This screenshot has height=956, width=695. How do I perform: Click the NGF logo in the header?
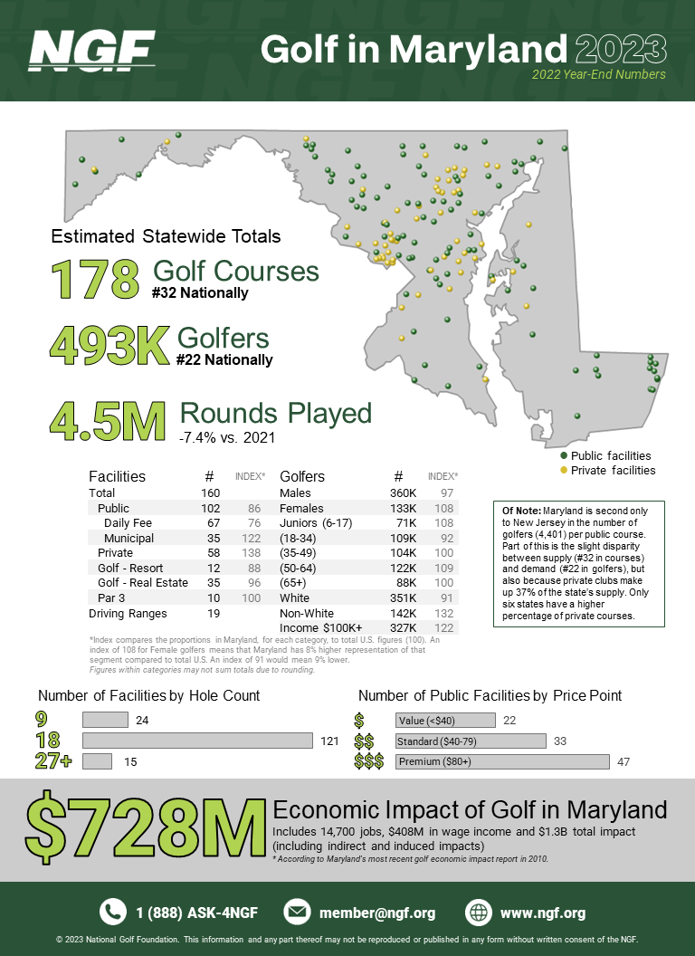click(91, 50)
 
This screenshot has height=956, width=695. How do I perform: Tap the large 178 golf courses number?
click(94, 279)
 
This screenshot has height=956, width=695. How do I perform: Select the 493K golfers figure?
click(109, 345)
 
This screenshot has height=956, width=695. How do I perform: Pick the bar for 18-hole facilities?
click(196, 741)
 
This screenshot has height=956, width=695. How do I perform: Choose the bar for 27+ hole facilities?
click(97, 761)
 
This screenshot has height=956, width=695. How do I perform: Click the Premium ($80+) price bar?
click(502, 761)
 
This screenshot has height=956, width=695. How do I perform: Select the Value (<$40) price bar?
click(444, 720)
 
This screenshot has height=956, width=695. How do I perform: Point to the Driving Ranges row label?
click(128, 614)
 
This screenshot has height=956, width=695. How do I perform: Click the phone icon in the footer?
click(113, 912)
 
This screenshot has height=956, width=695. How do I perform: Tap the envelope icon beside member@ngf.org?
click(298, 912)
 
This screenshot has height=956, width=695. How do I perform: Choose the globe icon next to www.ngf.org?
click(479, 912)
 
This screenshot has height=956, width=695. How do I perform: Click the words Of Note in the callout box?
click(520, 511)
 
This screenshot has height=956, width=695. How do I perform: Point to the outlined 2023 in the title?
click(620, 47)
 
